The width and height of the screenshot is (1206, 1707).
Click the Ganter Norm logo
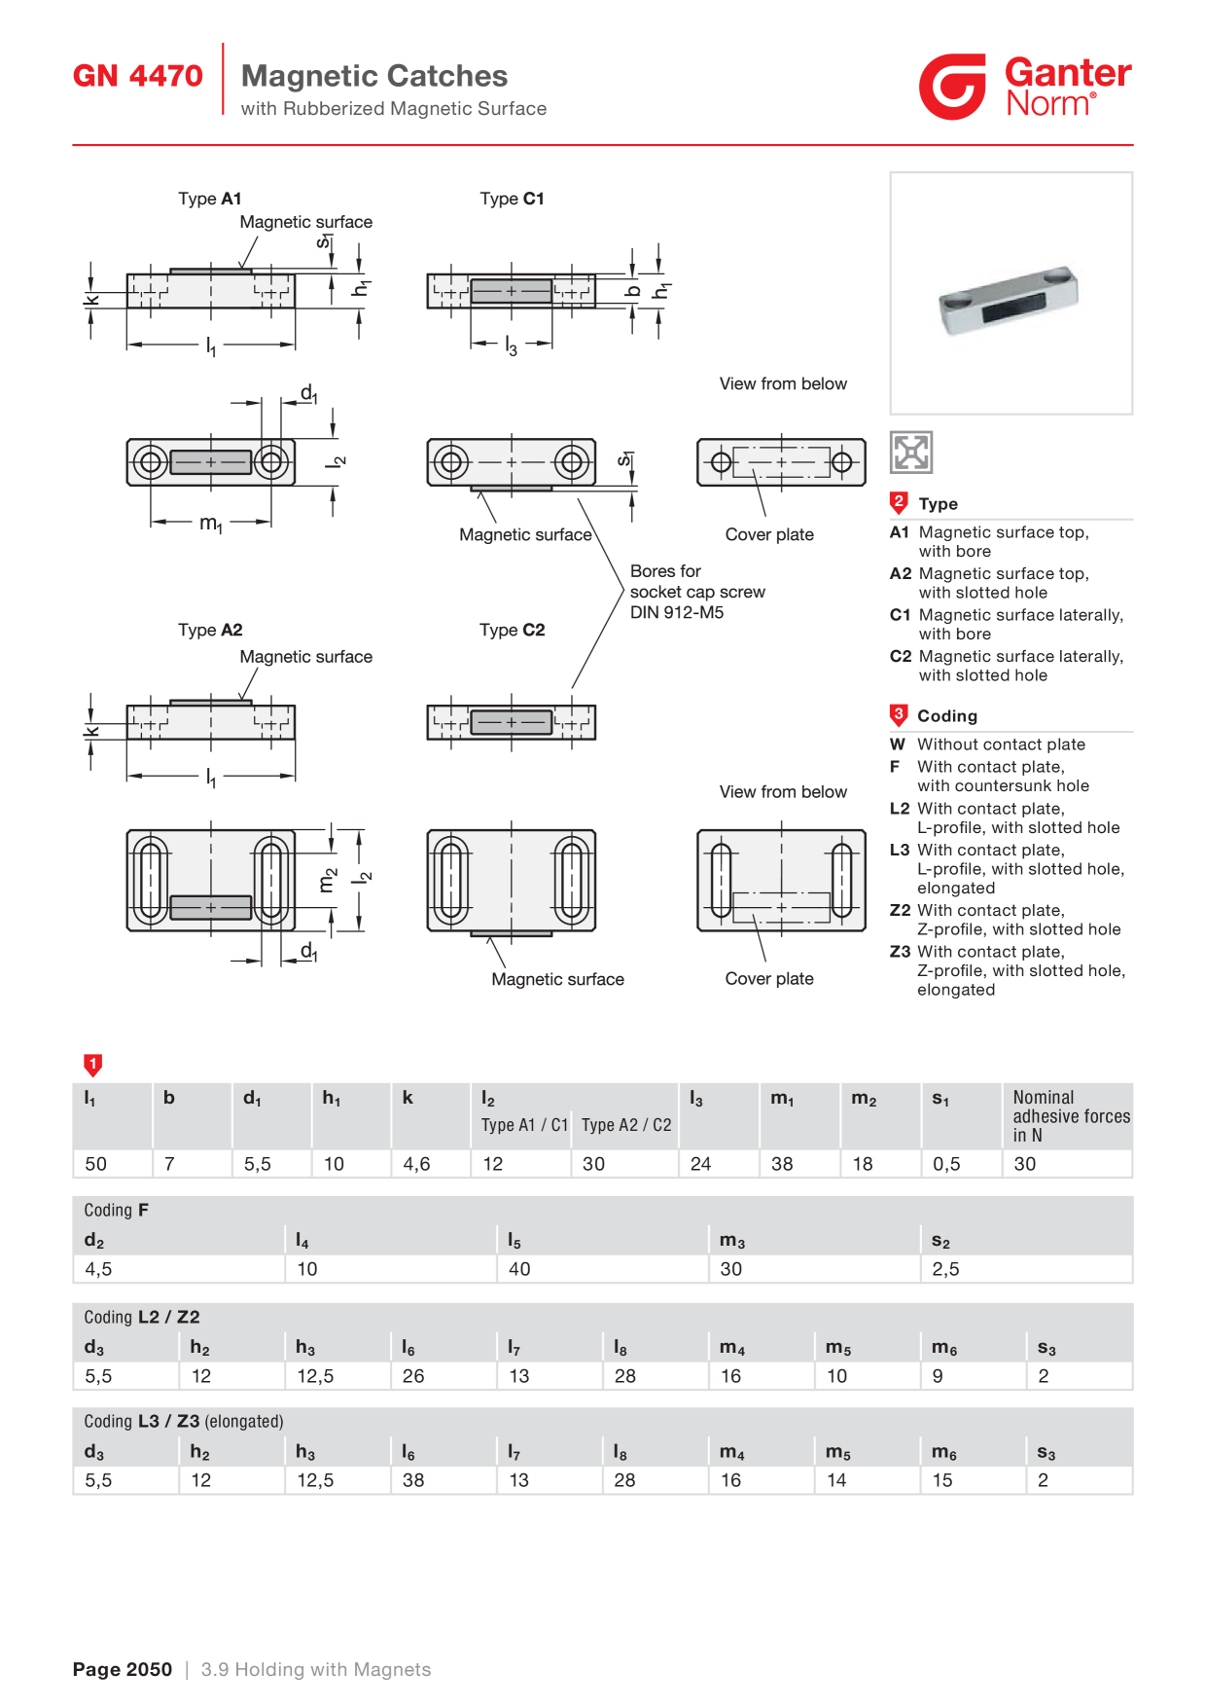point(1025,87)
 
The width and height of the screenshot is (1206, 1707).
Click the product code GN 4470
point(138,76)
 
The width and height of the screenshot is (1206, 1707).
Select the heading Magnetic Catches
point(374,76)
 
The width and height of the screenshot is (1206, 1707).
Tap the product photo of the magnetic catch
point(1010,301)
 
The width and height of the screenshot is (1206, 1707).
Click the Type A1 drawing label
point(210,199)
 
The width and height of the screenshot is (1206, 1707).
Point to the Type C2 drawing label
point(513,630)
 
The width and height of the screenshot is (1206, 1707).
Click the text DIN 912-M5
point(677,612)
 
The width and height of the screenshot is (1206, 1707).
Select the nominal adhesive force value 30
point(1025,1164)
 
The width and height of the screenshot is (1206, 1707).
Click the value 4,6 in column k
point(416,1164)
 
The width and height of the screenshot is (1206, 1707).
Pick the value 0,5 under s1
point(946,1164)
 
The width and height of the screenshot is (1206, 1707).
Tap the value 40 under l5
point(519,1269)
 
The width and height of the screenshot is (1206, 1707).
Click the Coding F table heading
point(116,1210)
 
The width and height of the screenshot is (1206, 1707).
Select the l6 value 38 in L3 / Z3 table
point(413,1480)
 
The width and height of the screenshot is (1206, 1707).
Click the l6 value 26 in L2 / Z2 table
point(413,1376)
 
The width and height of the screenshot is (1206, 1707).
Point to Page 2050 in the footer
point(123,1670)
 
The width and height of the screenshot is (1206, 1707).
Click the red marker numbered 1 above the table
point(93,1065)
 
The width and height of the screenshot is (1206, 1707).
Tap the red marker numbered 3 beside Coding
point(899,715)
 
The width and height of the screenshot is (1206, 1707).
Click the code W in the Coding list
point(898,745)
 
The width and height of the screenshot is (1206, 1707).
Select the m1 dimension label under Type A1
point(211,524)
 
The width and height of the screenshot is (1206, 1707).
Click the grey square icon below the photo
point(911,453)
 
